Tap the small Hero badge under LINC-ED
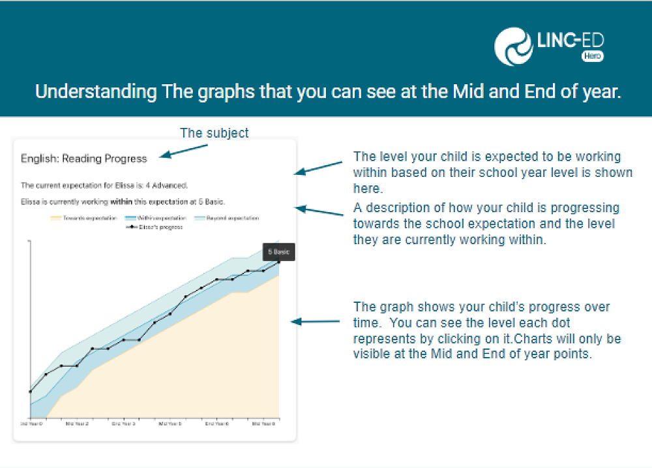(592, 57)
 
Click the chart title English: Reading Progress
(83, 158)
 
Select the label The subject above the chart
(214, 133)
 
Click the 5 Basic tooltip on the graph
(279, 251)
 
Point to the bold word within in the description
(121, 202)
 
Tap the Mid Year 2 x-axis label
(77, 424)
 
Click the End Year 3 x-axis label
(123, 424)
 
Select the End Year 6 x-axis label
(217, 424)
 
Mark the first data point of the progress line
(30, 392)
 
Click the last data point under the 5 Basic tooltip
(279, 262)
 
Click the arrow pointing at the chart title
(183, 151)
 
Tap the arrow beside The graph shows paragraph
(315, 322)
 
